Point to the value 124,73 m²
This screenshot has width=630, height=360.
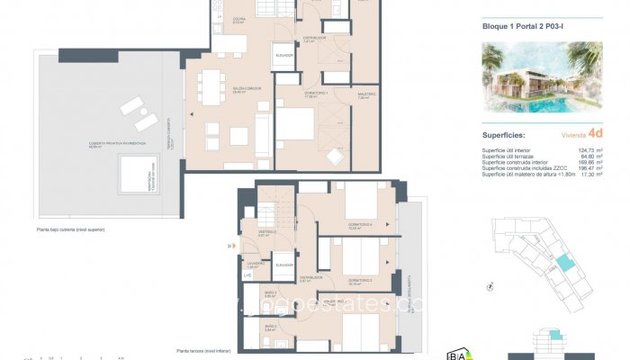tap(589, 149)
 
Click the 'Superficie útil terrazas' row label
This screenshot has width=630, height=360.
tap(510, 156)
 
